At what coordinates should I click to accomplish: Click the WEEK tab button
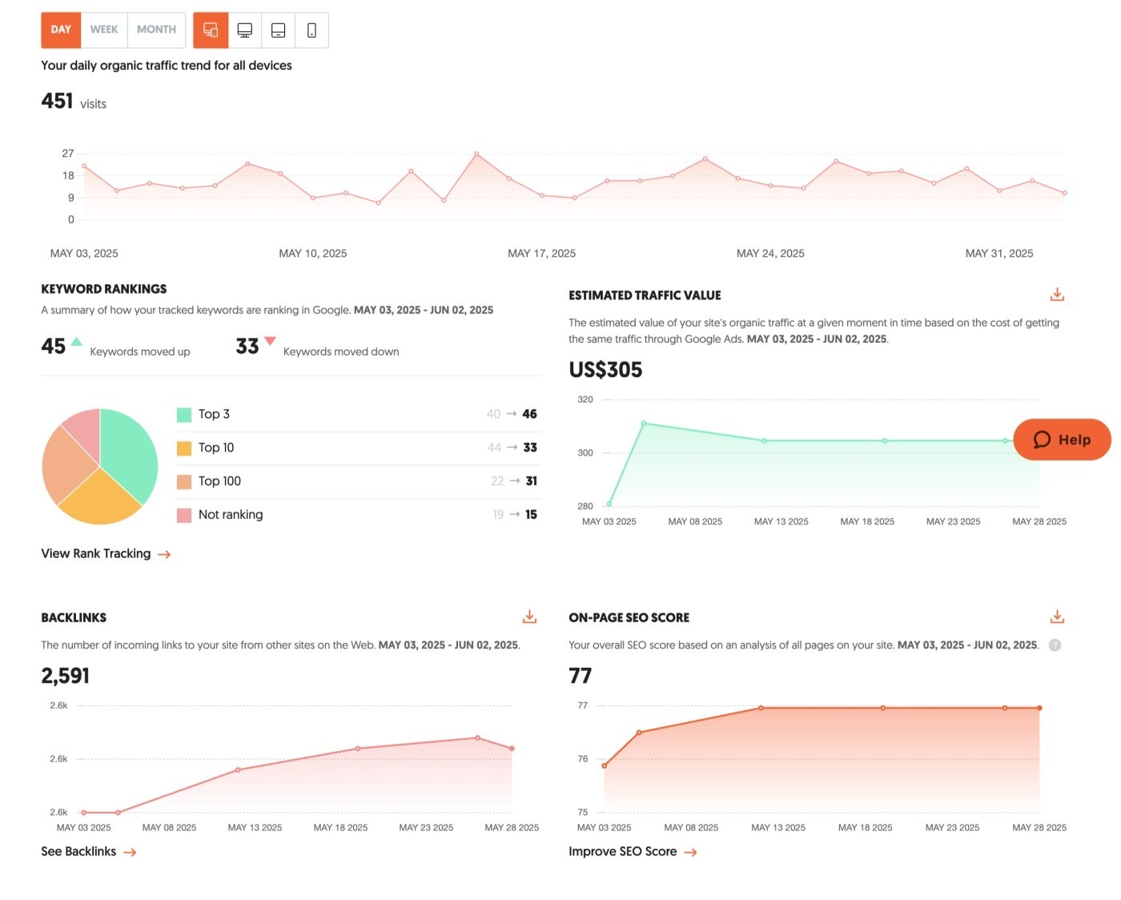pos(104,30)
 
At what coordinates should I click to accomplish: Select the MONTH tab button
pos(156,30)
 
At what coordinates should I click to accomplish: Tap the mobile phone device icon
pos(311,30)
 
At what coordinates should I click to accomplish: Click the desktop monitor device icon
pos(245,30)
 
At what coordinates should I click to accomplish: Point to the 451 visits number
pos(58,102)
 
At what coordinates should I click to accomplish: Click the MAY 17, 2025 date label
pos(541,254)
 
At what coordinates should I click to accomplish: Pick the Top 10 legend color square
pos(184,448)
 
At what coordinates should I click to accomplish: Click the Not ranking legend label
pos(231,515)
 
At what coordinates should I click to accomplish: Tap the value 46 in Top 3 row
pos(529,414)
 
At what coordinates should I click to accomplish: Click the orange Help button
pos(1062,440)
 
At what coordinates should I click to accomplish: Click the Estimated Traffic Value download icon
pos(1057,295)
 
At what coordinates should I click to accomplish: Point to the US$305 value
pos(605,370)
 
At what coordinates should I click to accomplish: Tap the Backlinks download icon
pos(529,617)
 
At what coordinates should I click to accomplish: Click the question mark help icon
pos(1055,645)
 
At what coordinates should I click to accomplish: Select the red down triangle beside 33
pos(270,341)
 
